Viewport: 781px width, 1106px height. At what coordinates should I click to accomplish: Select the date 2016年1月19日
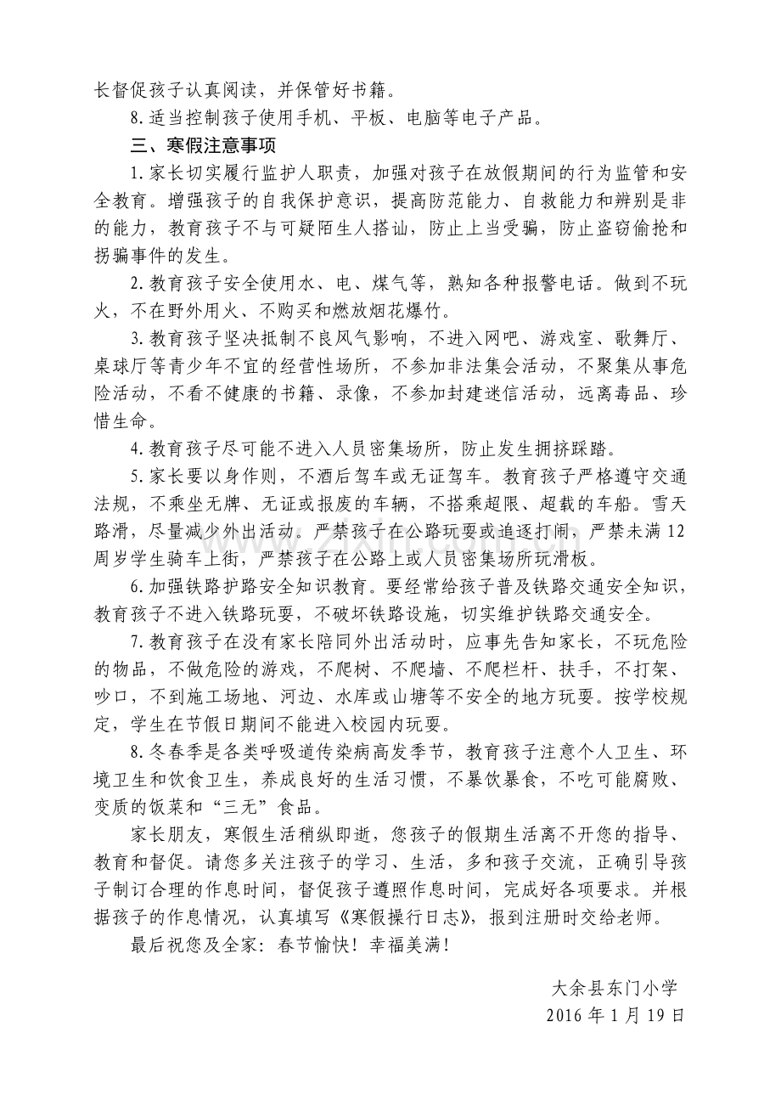[x=615, y=1015]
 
